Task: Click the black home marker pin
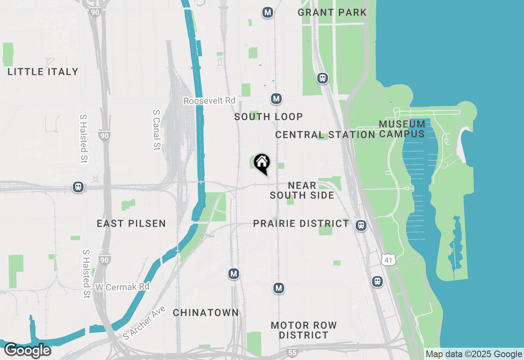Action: click(262, 163)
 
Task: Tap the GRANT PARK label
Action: click(332, 12)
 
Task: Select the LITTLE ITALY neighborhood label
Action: click(43, 72)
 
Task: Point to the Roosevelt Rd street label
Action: click(209, 101)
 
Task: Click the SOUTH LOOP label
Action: click(269, 117)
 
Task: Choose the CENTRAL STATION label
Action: click(325, 135)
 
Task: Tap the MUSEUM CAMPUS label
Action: click(402, 129)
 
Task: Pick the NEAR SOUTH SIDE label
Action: click(302, 191)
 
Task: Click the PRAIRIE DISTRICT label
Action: click(301, 223)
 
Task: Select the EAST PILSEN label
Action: click(131, 223)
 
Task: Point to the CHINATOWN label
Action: click(206, 313)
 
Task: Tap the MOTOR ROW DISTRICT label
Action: click(304, 330)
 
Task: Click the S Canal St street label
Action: click(156, 130)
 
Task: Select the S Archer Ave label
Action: click(145, 323)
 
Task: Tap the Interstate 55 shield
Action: click(292, 352)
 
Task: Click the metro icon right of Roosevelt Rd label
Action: click(276, 99)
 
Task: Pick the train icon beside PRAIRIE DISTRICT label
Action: click(361, 225)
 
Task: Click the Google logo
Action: click(27, 350)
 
